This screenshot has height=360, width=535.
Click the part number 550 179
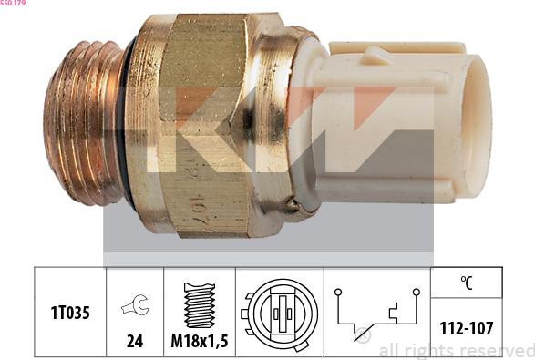[14, 5]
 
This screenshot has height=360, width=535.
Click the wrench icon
[134, 308]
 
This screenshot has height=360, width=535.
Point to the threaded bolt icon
[199, 304]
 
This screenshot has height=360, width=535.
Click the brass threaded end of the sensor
[82, 123]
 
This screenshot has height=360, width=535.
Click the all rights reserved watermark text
[456, 351]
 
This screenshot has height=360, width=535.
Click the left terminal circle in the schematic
[337, 293]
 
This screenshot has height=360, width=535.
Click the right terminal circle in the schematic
[416, 293]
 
